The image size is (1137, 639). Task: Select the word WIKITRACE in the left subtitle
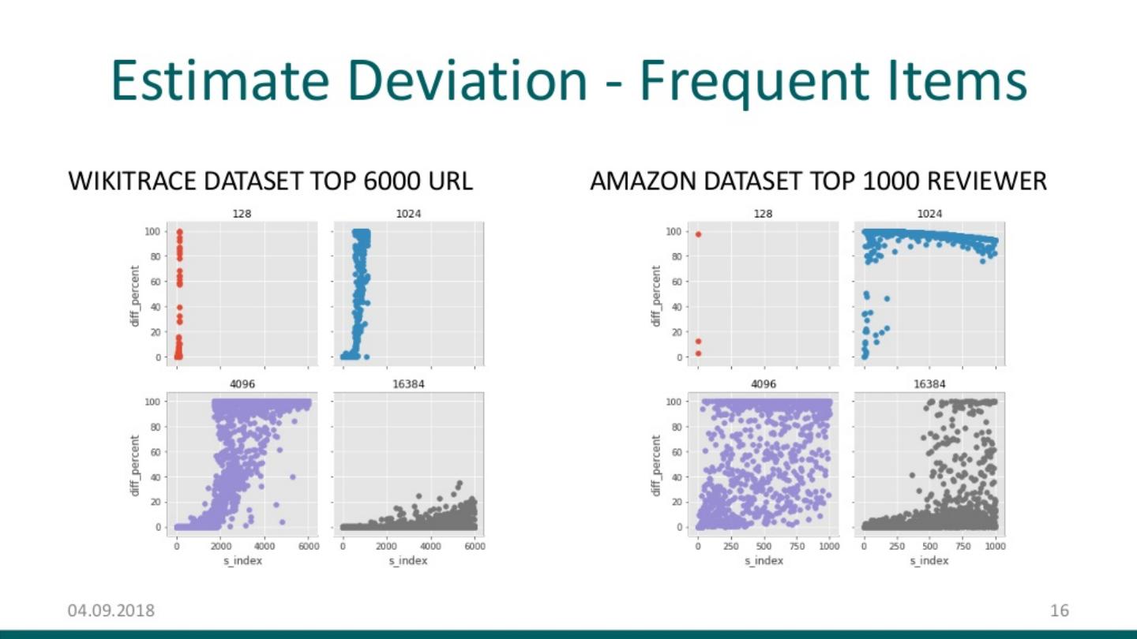[x=133, y=181]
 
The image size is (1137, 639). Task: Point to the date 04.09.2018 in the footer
[x=111, y=610]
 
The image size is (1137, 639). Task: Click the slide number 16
[x=1059, y=610]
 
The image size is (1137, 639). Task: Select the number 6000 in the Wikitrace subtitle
[x=392, y=181]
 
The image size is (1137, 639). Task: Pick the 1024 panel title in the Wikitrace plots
[x=408, y=214]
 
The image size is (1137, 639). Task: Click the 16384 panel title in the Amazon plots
[x=929, y=384]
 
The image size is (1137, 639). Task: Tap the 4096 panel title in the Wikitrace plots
[x=242, y=384]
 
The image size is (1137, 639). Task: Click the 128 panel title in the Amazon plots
[x=764, y=214]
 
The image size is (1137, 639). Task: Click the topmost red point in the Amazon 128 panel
[x=698, y=234]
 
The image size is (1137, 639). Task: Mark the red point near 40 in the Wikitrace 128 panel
[x=179, y=308]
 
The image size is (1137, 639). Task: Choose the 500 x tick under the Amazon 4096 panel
[x=764, y=546]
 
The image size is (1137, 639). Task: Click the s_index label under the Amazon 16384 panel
[x=929, y=560]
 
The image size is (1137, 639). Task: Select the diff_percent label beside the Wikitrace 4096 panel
[x=135, y=465]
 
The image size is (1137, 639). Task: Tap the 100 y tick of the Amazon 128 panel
[x=674, y=231]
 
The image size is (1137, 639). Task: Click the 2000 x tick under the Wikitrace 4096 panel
[x=221, y=546]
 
